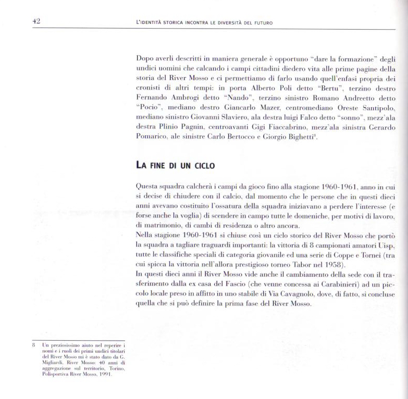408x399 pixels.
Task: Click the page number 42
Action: (36, 21)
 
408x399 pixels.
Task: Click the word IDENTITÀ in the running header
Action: (153, 23)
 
